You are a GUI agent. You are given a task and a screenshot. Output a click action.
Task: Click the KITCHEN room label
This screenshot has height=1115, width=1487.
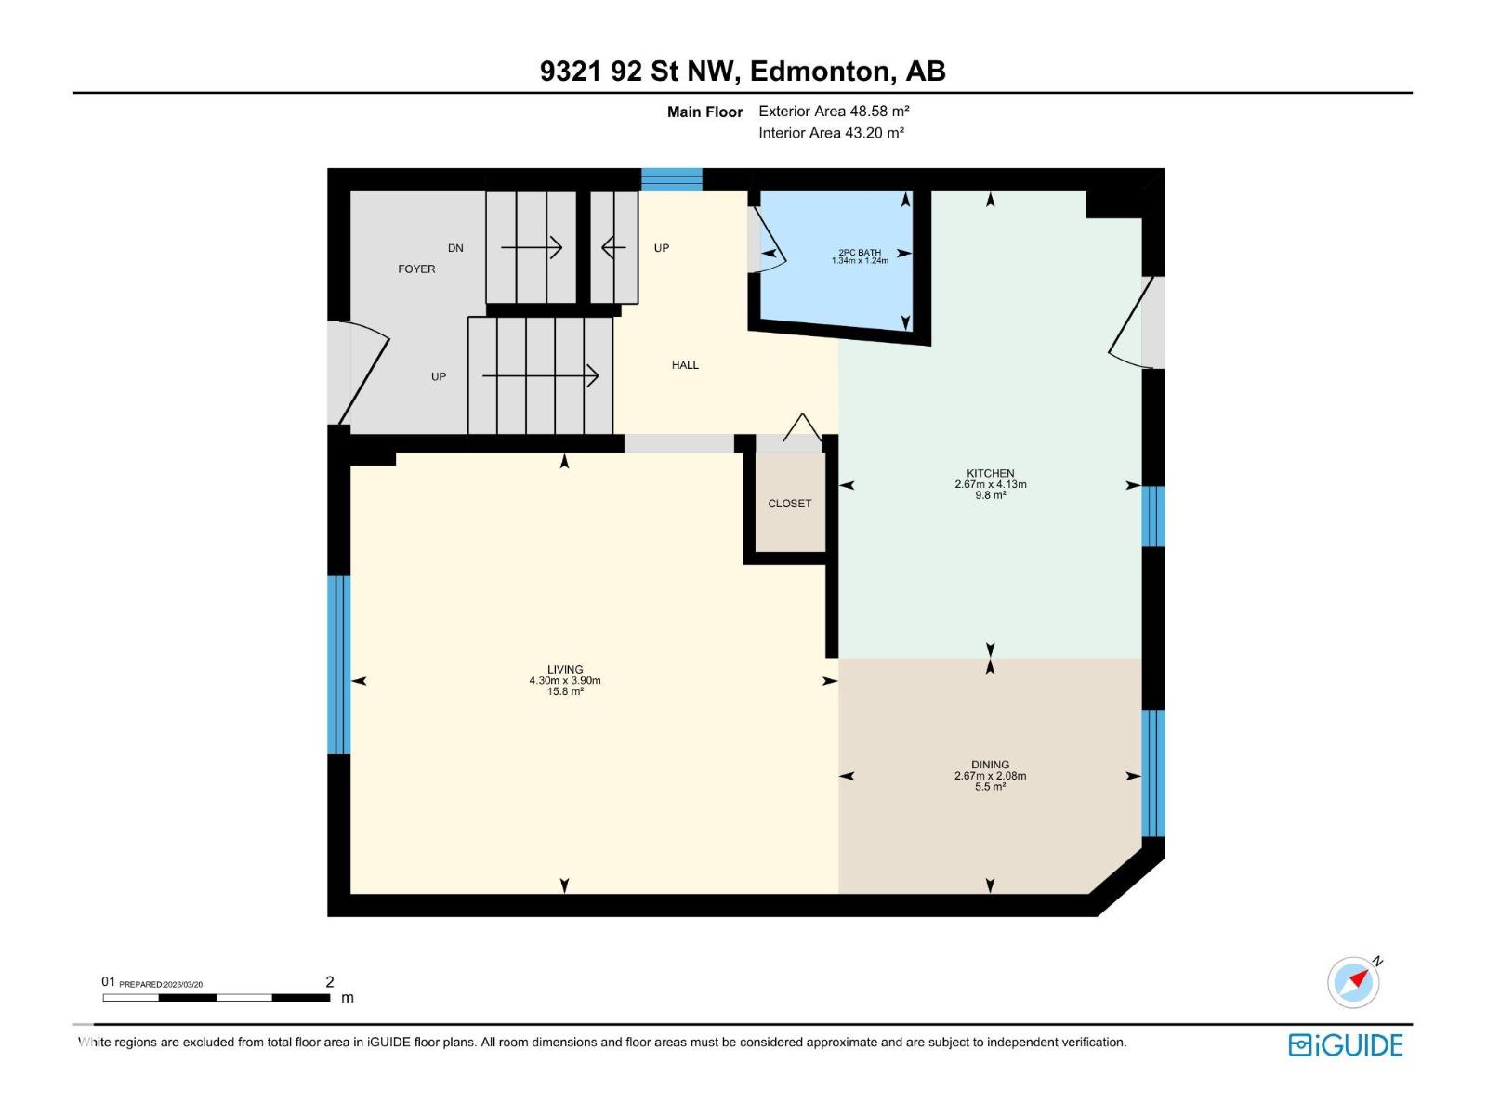(990, 474)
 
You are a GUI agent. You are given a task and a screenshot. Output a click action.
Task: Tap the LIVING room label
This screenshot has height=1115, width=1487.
(565, 670)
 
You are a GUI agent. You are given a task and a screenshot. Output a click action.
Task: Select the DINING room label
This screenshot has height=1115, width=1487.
(990, 766)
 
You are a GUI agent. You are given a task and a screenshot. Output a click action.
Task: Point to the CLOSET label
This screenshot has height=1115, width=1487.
(789, 504)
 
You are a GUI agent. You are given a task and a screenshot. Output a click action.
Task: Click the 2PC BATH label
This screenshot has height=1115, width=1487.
(860, 253)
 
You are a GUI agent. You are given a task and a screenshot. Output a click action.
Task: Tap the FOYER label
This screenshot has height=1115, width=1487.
(416, 269)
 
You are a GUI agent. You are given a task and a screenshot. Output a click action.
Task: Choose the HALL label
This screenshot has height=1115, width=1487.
(685, 365)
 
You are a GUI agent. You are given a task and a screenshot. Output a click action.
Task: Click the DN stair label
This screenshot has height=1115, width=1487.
(455, 248)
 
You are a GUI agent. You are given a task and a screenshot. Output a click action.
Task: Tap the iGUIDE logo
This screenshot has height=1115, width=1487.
(1345, 1045)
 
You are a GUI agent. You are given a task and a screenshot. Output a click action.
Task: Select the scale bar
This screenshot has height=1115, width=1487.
(217, 998)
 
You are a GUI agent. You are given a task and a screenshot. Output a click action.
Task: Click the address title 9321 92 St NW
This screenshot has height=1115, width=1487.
(743, 72)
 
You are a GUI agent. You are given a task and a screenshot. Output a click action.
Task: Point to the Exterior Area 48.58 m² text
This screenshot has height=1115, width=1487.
(834, 111)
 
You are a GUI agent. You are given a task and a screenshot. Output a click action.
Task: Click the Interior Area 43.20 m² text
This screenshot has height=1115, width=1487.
(831, 133)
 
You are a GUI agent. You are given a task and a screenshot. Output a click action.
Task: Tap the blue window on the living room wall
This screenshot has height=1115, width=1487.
(339, 664)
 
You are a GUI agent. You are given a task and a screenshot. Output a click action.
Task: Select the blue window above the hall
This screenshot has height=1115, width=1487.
(672, 179)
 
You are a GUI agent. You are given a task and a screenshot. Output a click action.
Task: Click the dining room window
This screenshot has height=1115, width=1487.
(1152, 774)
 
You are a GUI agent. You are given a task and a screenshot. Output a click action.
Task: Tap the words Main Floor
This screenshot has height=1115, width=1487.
(704, 112)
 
